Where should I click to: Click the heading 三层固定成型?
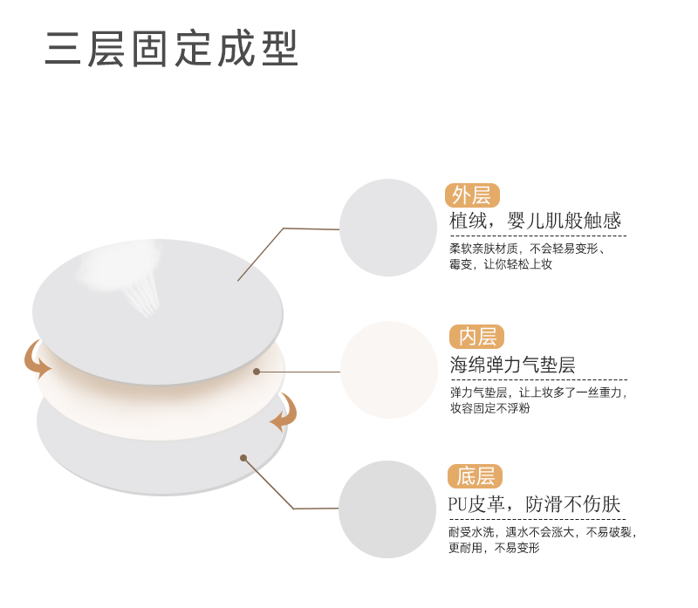point(172,50)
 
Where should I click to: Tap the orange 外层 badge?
point(471,195)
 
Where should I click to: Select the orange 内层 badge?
point(476,337)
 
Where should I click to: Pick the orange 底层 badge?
point(476,476)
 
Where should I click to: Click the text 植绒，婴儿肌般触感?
point(535,221)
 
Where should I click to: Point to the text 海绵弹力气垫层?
point(512,365)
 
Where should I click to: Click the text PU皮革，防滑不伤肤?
point(534,504)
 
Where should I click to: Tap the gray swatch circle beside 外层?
point(387,228)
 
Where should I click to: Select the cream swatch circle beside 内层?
point(388,370)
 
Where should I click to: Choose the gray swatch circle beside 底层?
point(387,509)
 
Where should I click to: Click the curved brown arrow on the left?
point(36,359)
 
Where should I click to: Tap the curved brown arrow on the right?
point(284,413)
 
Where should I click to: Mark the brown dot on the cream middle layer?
point(257,371)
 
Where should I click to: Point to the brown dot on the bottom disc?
point(243,457)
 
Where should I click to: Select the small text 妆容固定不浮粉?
point(489,408)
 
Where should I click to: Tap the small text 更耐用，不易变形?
point(494,548)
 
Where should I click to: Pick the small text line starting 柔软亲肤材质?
point(528,248)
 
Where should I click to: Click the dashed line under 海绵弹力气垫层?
point(538,379)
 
